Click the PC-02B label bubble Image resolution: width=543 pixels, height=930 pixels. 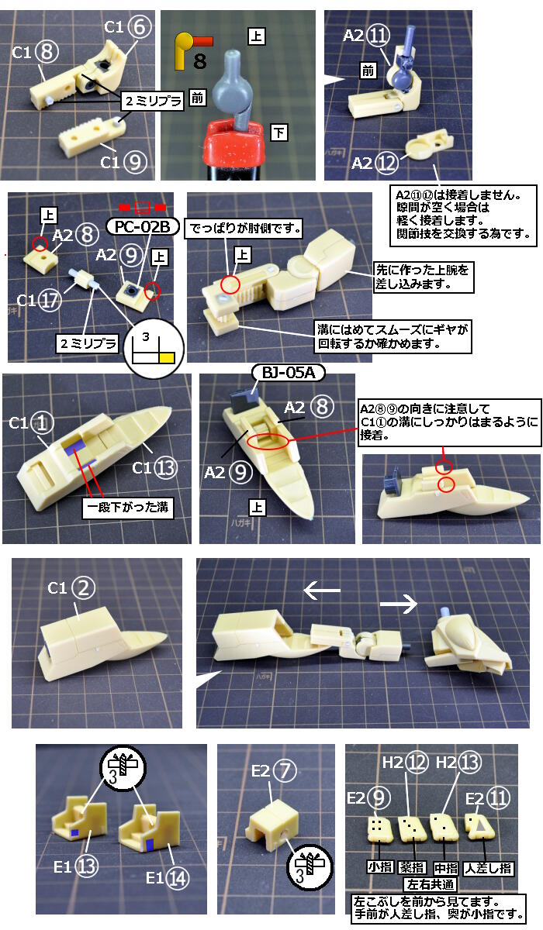pyautogui.click(x=142, y=226)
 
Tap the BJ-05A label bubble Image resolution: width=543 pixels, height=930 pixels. pyautogui.click(x=289, y=373)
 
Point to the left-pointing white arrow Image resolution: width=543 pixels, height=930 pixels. pyautogui.click(x=322, y=590)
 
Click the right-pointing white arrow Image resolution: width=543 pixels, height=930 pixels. pyautogui.click(x=399, y=603)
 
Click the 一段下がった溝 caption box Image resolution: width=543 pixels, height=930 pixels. pyautogui.click(x=127, y=507)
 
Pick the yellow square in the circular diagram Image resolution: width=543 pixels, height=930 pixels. pyautogui.click(x=167, y=357)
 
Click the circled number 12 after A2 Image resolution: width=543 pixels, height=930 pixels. pyautogui.click(x=387, y=163)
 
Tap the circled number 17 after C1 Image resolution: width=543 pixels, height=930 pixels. pyautogui.click(x=50, y=300)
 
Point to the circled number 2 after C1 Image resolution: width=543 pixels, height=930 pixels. pyautogui.click(x=84, y=587)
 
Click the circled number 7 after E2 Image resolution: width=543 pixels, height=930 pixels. pyautogui.click(x=285, y=770)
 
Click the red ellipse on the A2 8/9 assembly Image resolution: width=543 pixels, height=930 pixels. pyautogui.click(x=268, y=441)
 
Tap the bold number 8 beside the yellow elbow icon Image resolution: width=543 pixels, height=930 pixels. pyautogui.click(x=200, y=61)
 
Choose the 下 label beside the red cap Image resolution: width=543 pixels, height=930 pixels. pyautogui.click(x=278, y=133)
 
